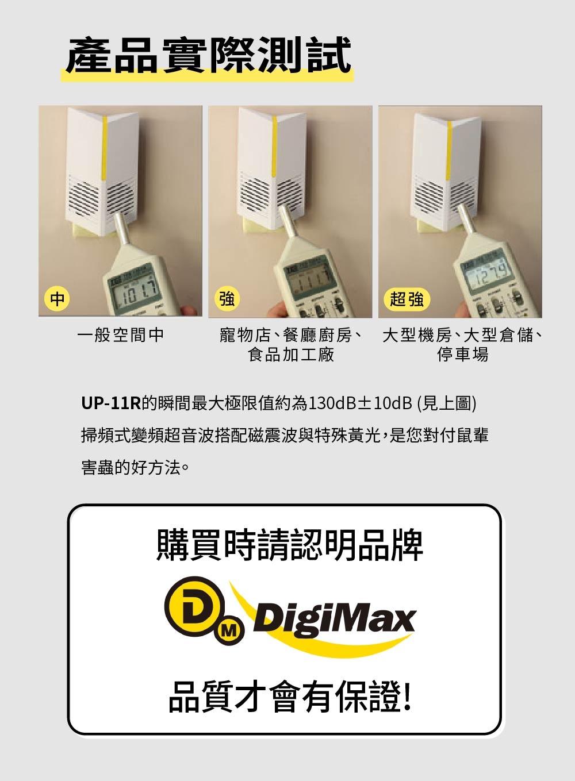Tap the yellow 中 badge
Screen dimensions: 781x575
point(57,299)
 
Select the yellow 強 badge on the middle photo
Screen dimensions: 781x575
point(227,299)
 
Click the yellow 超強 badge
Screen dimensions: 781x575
point(407,299)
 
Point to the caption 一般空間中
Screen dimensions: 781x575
point(121,335)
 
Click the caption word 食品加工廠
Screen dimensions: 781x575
point(291,355)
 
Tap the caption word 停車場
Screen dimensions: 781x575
point(463,355)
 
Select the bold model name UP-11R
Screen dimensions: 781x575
point(111,403)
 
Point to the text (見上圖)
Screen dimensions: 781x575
point(447,403)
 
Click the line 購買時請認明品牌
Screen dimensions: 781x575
point(290,545)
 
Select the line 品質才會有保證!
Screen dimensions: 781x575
point(290,697)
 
